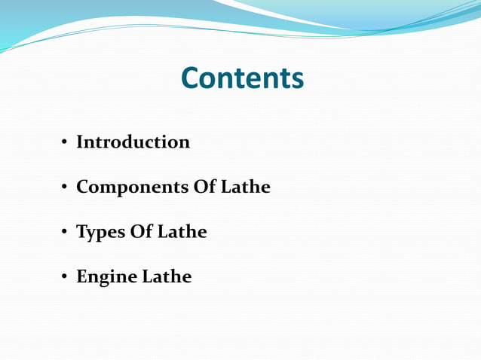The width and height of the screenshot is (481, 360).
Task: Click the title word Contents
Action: coord(242,78)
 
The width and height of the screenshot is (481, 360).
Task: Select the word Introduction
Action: coord(133,142)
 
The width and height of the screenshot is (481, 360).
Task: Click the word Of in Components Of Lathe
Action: coord(204,187)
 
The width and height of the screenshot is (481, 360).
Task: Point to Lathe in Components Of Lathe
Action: coord(245,187)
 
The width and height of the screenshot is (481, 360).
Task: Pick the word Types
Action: coord(100,233)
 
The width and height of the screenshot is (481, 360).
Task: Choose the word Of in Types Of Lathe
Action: coord(141,232)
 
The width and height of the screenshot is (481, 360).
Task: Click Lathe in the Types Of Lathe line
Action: coord(182,232)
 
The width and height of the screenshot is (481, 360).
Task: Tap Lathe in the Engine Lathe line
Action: coord(167,277)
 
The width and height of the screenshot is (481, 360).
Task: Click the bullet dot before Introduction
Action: coord(65,142)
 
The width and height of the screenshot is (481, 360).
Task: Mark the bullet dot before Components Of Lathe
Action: coord(65,188)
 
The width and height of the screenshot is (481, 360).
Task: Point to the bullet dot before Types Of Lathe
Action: coord(65,233)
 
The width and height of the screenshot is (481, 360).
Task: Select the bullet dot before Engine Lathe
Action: coord(65,278)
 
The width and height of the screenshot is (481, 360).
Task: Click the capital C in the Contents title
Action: coord(191,78)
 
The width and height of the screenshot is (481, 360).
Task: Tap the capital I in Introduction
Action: coord(80,142)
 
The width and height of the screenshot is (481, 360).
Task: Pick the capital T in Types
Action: coord(81,232)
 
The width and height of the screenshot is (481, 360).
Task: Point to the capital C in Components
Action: coord(82,187)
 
